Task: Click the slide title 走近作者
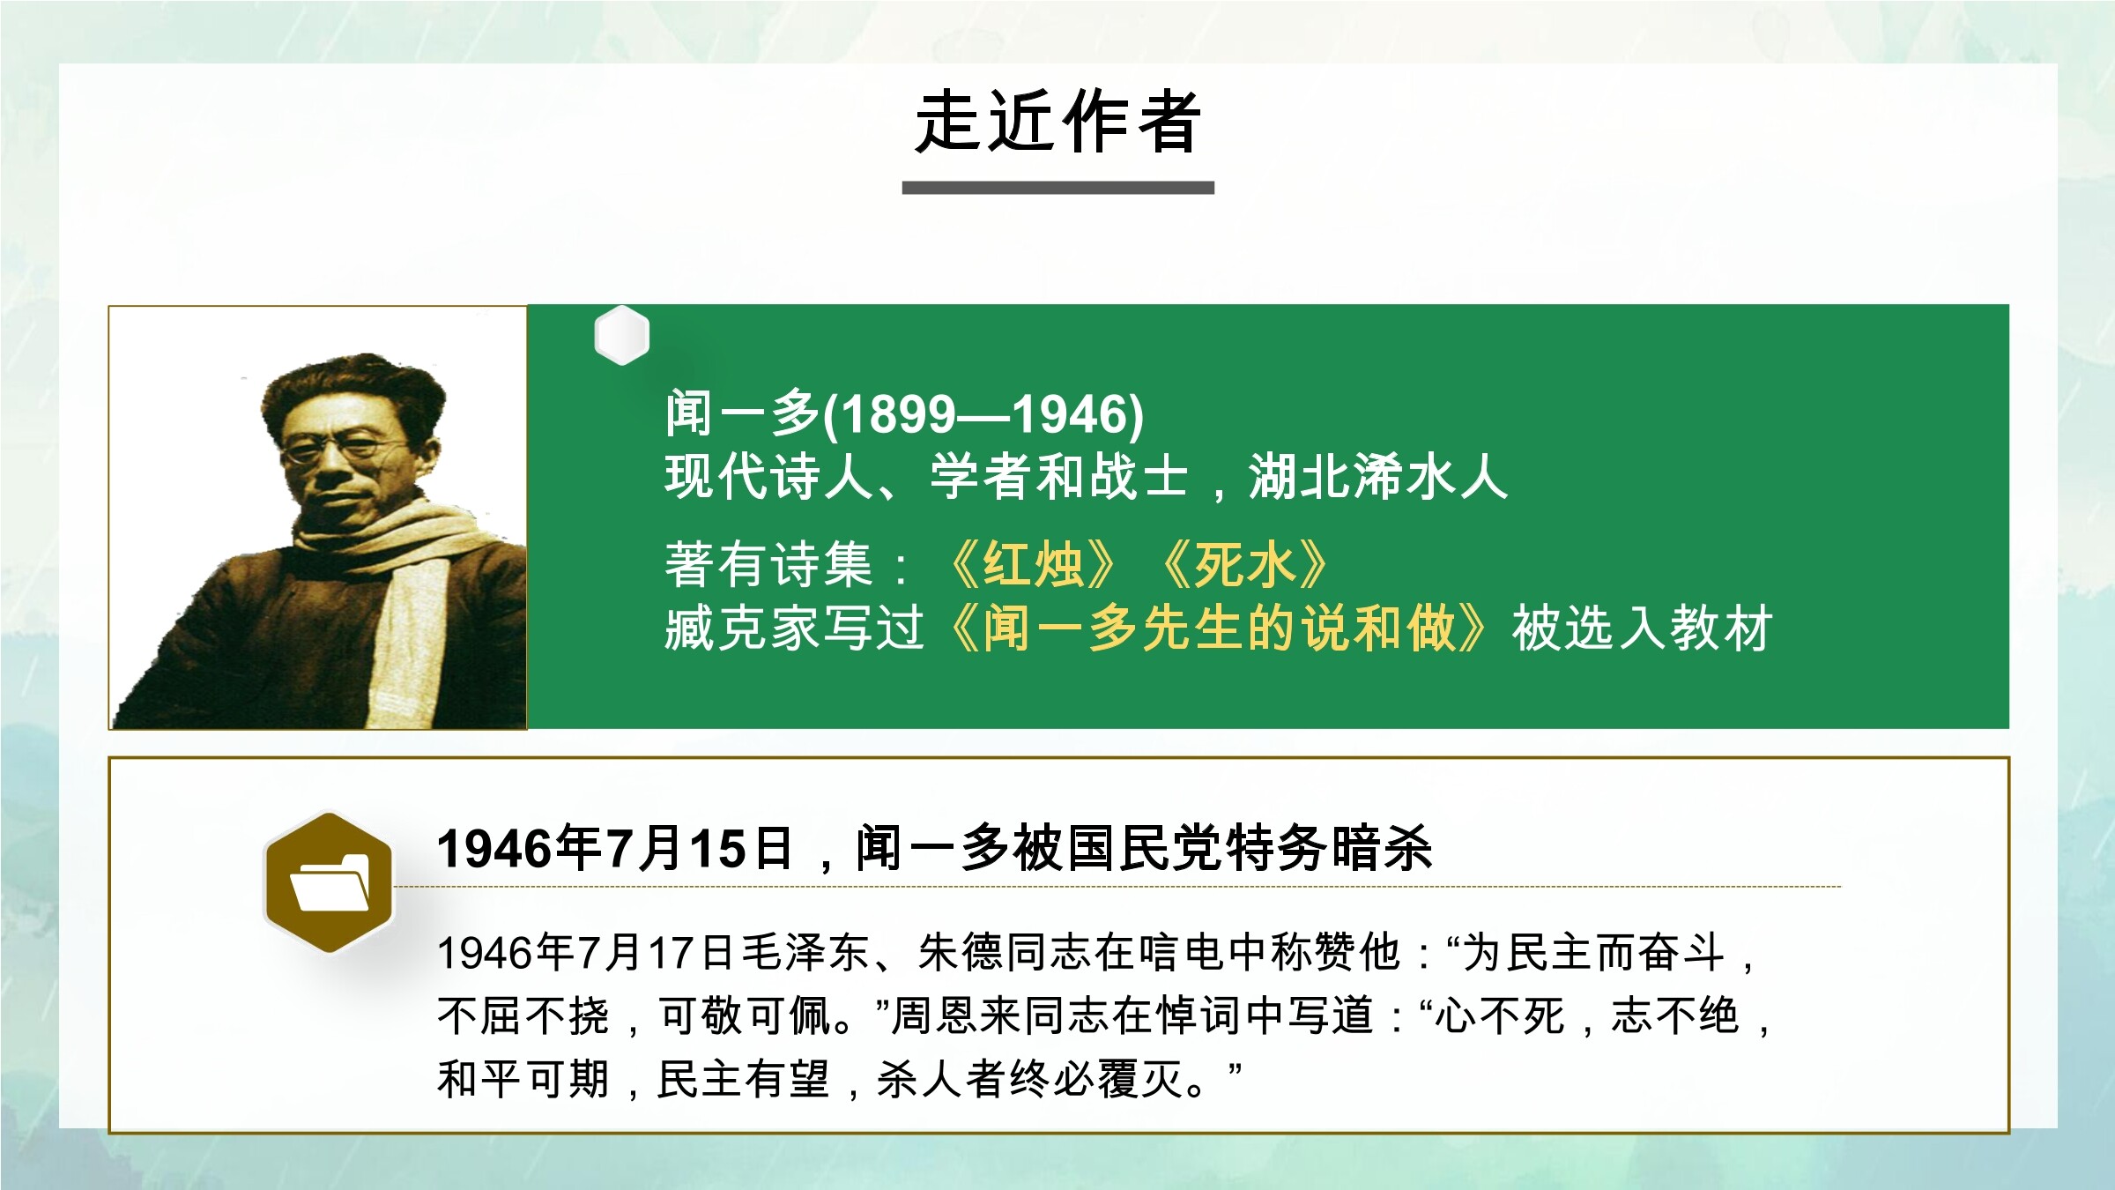click(1057, 122)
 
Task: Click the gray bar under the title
click(1057, 188)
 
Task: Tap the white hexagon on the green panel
click(622, 335)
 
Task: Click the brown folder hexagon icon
click(329, 882)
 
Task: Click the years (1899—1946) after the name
click(983, 413)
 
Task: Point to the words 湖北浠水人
click(1378, 477)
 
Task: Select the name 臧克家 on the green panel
click(742, 628)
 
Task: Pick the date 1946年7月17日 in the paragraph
click(585, 953)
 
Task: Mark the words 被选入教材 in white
click(1641, 628)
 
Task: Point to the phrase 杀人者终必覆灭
click(1030, 1079)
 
